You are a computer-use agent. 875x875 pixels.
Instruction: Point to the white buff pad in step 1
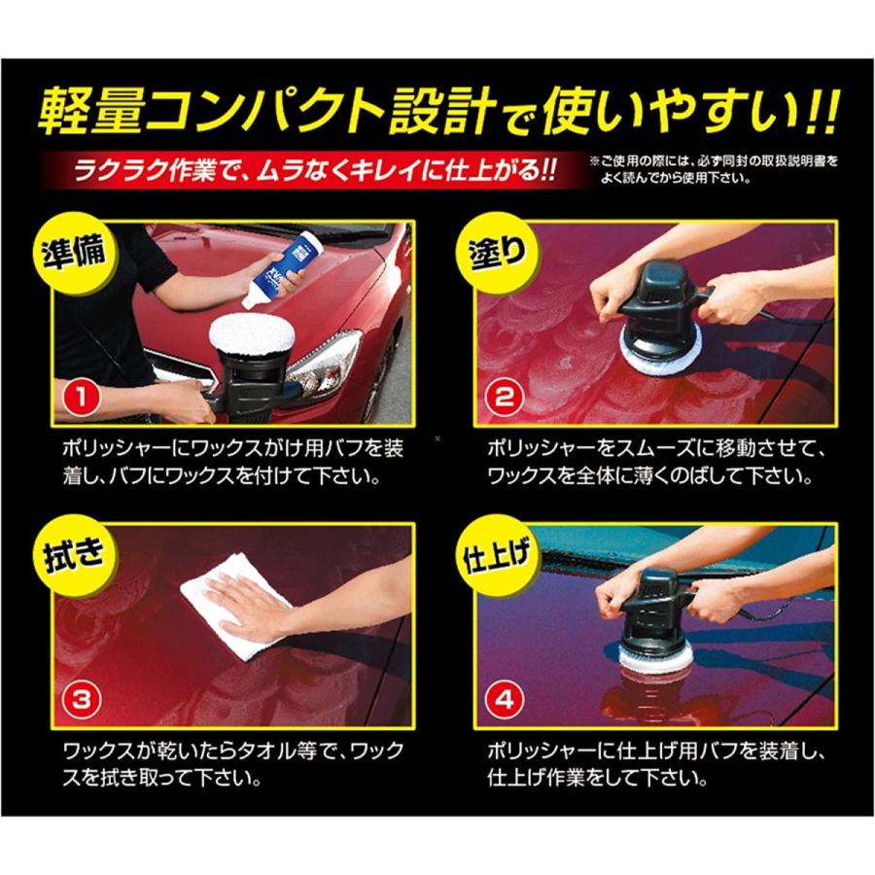click(x=252, y=335)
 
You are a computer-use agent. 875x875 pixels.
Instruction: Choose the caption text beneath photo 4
click(x=651, y=765)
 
